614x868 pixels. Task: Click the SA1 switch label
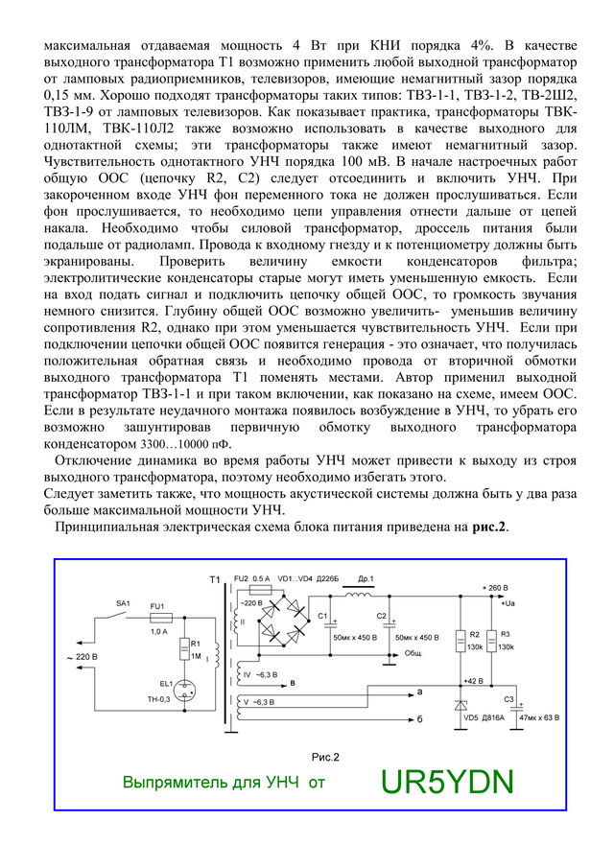tap(123, 602)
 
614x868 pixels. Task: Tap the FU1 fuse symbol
tap(161, 620)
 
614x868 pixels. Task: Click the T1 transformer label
tap(214, 580)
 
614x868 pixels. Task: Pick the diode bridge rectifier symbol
tap(283, 621)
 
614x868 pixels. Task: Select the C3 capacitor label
tap(509, 699)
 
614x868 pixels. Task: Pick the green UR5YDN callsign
tap(446, 783)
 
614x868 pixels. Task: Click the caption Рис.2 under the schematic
tap(326, 756)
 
